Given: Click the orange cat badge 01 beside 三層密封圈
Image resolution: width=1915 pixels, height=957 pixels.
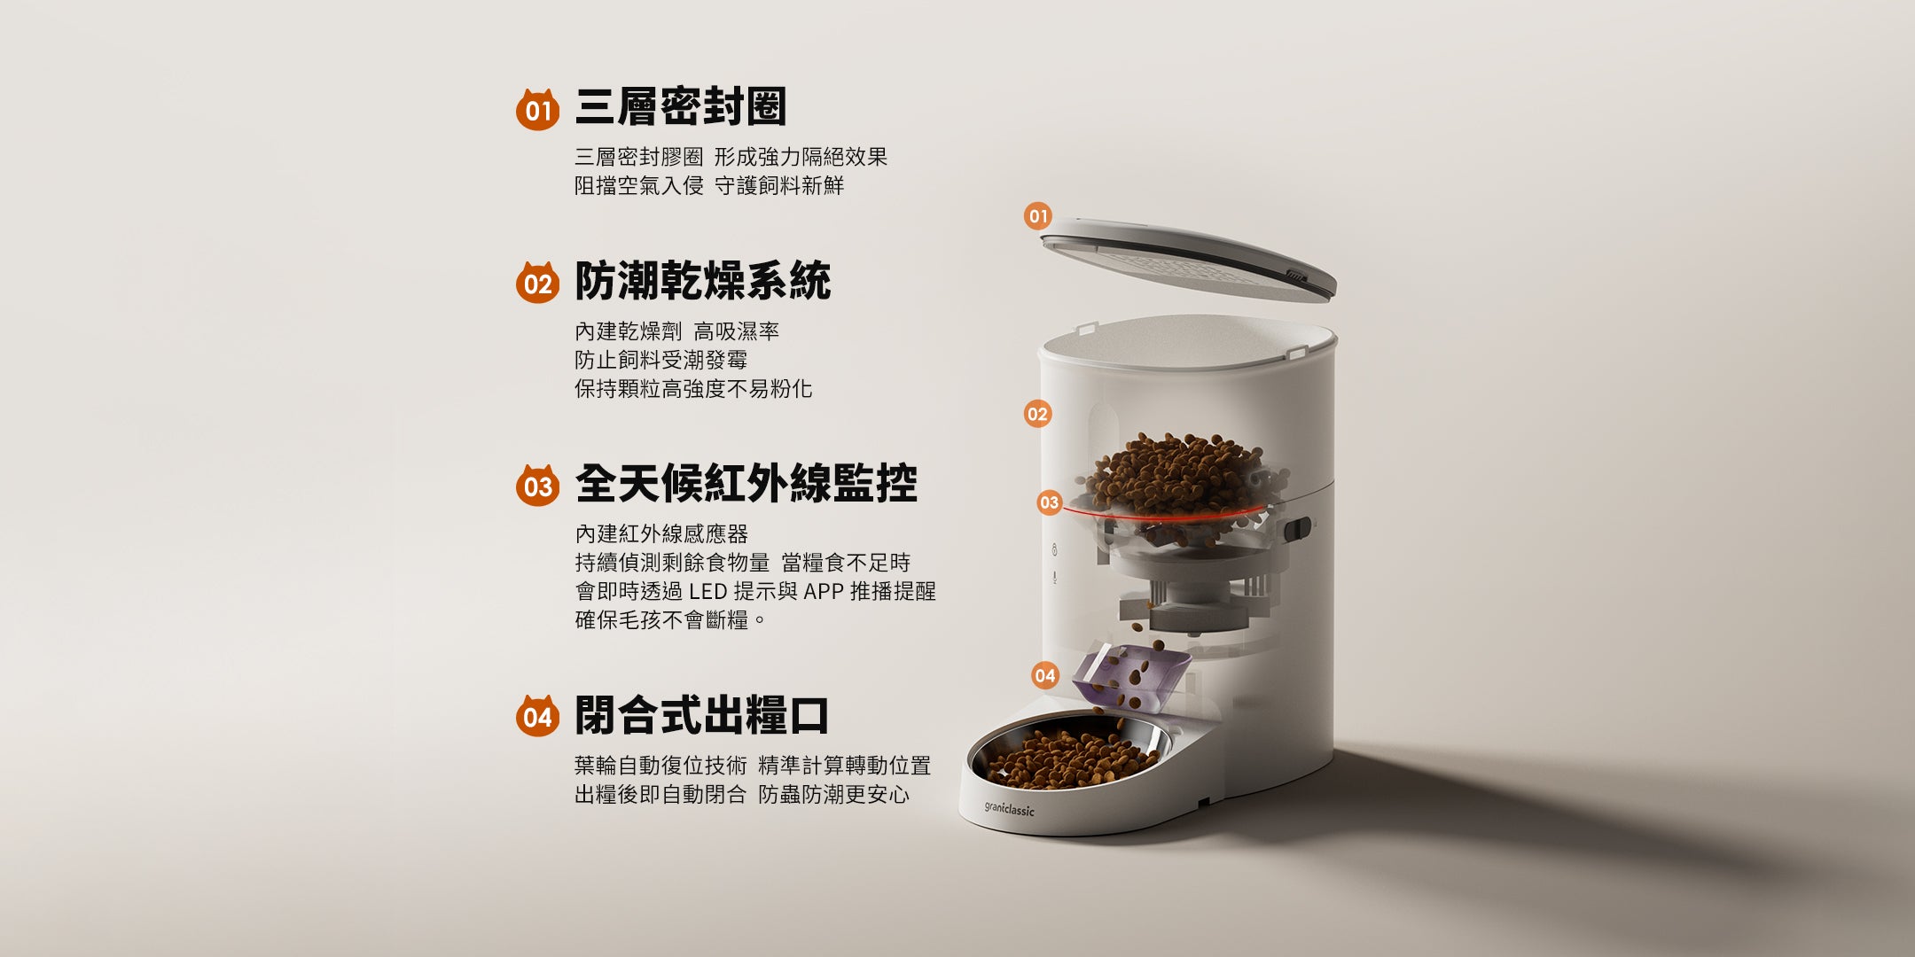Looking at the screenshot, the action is (x=537, y=110).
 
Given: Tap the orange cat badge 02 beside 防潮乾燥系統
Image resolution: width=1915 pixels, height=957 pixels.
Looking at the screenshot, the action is (x=537, y=283).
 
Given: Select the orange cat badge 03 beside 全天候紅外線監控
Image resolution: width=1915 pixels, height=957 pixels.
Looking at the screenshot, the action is (x=537, y=486).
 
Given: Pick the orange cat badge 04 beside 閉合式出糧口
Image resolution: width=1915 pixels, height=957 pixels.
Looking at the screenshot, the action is (x=537, y=715).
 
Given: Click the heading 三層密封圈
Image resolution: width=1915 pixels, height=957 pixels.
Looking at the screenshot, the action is (x=681, y=107).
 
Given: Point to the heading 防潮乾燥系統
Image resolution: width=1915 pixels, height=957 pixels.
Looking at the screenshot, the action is (x=703, y=281).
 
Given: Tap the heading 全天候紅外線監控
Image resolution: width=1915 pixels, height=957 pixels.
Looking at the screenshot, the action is (x=746, y=484).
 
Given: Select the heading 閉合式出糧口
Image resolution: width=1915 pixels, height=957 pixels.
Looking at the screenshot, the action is (x=702, y=714).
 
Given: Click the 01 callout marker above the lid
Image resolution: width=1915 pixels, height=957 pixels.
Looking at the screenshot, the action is (x=1037, y=215).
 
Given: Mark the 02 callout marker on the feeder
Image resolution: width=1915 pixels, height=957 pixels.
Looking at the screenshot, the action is (x=1037, y=413).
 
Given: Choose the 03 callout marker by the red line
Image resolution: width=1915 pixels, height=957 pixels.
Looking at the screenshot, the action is (x=1049, y=502).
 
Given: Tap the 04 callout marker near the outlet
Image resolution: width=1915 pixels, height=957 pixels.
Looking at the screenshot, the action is (x=1045, y=675).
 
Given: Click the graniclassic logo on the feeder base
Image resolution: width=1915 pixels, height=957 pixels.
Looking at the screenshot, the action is (x=1009, y=809).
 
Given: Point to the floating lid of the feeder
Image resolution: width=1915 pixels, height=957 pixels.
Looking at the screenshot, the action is (x=1188, y=259).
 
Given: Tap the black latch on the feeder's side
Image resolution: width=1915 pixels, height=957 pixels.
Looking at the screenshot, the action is (x=1298, y=530).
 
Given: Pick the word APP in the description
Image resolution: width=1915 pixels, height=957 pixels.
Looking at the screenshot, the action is (x=823, y=591).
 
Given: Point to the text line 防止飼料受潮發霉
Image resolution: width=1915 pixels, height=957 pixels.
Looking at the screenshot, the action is (x=661, y=360).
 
